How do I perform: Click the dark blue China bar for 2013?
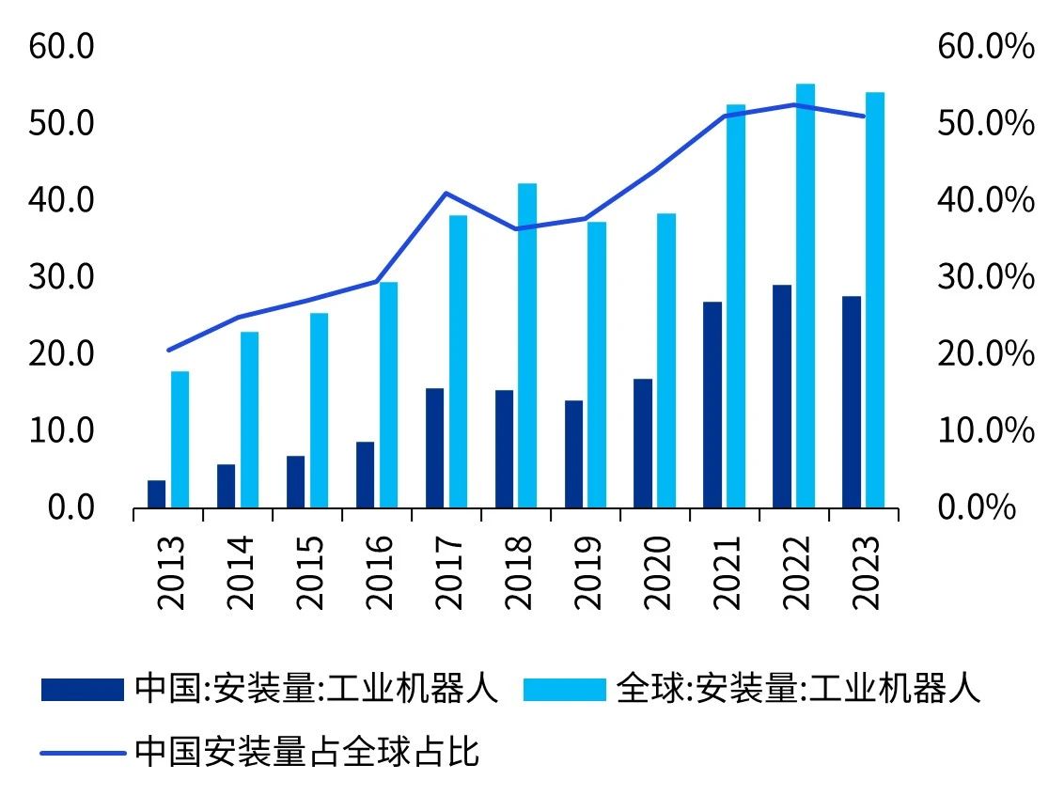156,494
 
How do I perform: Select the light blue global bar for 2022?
806,296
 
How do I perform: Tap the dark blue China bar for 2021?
712,405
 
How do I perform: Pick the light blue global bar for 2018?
527,346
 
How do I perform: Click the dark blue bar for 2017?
434,448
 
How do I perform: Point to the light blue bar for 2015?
319,411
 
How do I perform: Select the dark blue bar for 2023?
852,402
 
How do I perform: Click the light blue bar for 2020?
666,361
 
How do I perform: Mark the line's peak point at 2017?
446,194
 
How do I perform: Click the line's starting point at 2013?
168,351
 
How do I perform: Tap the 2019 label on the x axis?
586,572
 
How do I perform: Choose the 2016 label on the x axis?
377,572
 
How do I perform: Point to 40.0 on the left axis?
62,200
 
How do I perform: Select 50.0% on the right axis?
986,123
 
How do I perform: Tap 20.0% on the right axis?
986,354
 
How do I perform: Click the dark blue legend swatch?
83,690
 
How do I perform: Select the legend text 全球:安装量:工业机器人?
798,690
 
